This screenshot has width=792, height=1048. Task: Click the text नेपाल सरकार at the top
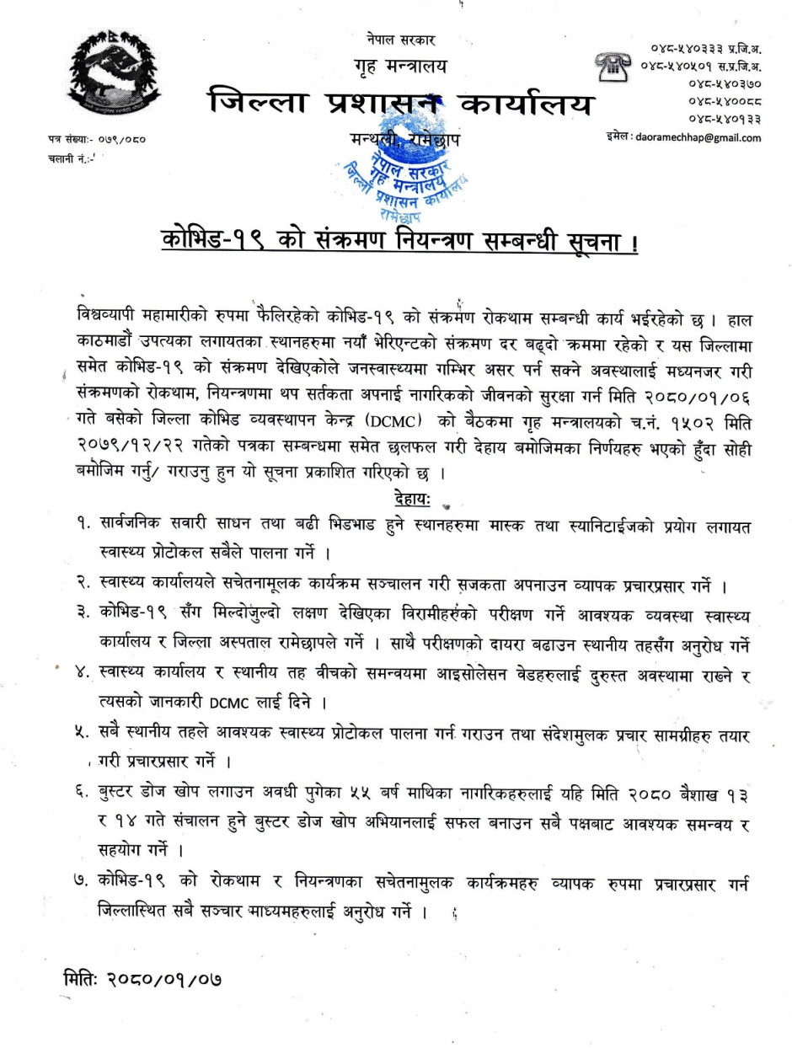[x=401, y=40]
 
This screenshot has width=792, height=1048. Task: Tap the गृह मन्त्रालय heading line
[x=400, y=67]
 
